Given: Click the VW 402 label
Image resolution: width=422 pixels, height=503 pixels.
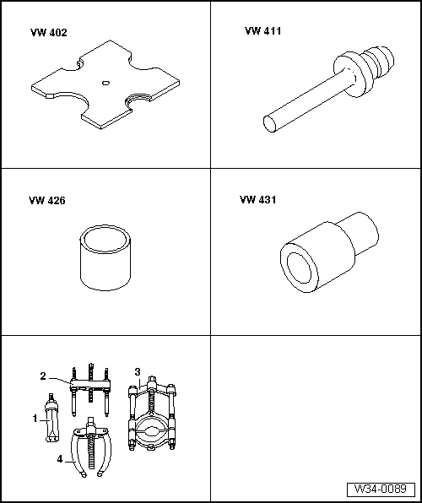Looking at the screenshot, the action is pyautogui.click(x=49, y=33).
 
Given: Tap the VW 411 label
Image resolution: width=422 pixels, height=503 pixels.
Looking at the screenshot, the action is pyautogui.click(x=262, y=31).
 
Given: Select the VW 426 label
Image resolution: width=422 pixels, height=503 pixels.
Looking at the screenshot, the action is pyautogui.click(x=47, y=201).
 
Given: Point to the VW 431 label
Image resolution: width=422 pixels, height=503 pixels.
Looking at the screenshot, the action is pyautogui.click(x=257, y=200).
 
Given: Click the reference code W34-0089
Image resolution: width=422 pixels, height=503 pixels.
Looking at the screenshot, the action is pyautogui.click(x=381, y=489).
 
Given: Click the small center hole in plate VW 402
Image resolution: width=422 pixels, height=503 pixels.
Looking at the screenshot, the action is pyautogui.click(x=105, y=83).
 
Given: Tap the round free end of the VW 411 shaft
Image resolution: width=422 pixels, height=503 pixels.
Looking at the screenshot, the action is pyautogui.click(x=270, y=124).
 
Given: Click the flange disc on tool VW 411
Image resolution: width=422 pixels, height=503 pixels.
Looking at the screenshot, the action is pyautogui.click(x=349, y=74).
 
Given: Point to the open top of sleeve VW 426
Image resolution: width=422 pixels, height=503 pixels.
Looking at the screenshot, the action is pyautogui.click(x=105, y=238).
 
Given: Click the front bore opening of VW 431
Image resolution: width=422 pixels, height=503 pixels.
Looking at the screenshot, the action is pyautogui.click(x=299, y=268).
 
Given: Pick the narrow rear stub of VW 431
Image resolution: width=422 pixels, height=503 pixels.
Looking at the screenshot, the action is pyautogui.click(x=360, y=233).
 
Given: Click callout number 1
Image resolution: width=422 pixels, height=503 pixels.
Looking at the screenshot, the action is pyautogui.click(x=35, y=419).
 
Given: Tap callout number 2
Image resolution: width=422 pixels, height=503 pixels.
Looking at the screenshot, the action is pyautogui.click(x=43, y=376).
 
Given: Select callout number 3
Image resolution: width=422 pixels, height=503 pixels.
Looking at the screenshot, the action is pyautogui.click(x=138, y=372).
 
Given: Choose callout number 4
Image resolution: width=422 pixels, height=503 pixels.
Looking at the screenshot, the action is pyautogui.click(x=60, y=459).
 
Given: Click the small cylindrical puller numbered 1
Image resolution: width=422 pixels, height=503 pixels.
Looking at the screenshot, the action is pyautogui.click(x=52, y=418).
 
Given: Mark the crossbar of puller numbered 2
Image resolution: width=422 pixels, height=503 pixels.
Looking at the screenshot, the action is pyautogui.click(x=90, y=384).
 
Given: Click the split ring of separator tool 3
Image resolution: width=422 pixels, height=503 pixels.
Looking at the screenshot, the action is pyautogui.click(x=151, y=432).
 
